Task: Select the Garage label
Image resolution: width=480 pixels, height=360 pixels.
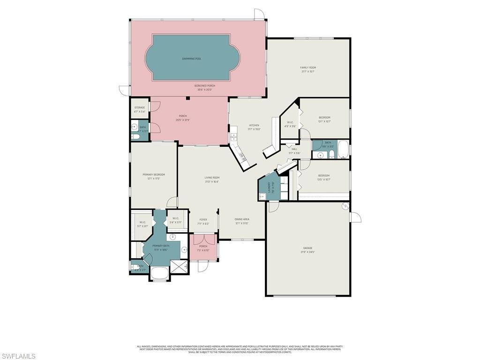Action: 307,248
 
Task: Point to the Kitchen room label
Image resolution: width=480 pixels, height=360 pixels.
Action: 254,125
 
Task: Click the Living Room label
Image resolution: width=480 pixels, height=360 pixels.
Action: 212,178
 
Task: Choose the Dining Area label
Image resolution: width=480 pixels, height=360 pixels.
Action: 242,219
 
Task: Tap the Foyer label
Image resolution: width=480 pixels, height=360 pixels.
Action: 203,219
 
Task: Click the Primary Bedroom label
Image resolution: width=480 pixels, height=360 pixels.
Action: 154,174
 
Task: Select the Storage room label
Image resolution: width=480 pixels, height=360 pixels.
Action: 140,107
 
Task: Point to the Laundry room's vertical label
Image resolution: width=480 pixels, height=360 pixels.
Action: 269,187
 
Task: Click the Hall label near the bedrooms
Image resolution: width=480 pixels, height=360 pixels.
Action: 294,149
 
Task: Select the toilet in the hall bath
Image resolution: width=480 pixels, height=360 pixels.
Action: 331,155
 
